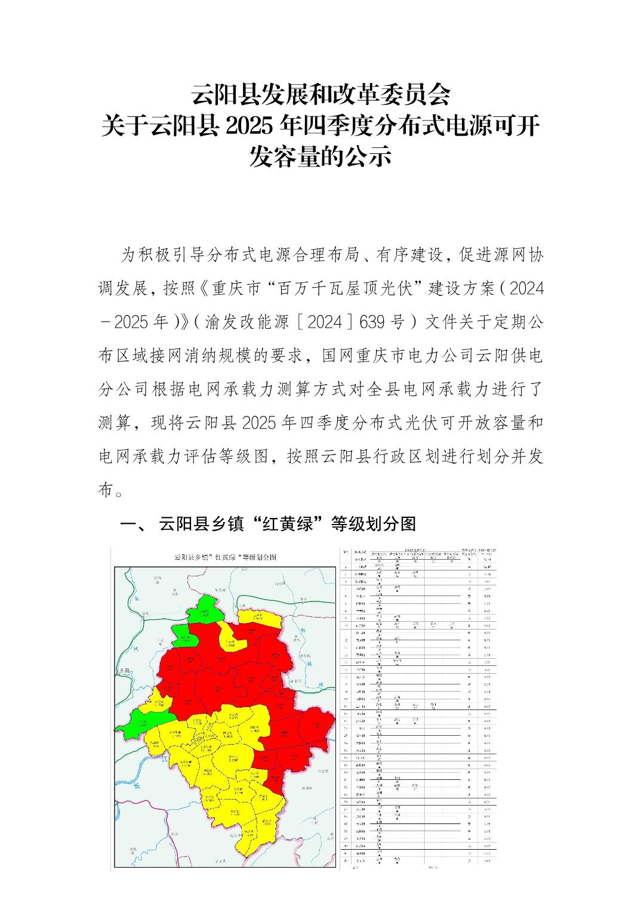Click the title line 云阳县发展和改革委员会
pyautogui.click(x=320, y=94)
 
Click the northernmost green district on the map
pyautogui.click(x=203, y=609)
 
